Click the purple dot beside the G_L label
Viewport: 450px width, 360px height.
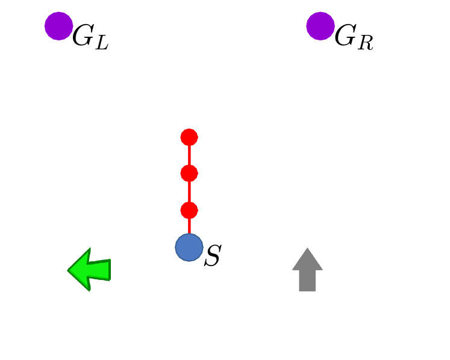coord(59,26)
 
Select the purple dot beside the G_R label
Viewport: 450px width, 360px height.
coord(320,26)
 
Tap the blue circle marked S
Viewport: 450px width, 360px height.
coord(189,247)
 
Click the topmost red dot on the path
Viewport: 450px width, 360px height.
coord(189,137)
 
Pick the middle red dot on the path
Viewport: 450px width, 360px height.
coord(189,173)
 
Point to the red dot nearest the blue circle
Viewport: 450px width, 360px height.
coord(189,210)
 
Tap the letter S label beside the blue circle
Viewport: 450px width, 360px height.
coord(212,256)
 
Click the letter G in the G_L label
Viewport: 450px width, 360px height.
coord(83,37)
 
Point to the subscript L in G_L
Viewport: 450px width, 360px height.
coord(102,43)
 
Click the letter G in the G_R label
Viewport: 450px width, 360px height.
coord(345,37)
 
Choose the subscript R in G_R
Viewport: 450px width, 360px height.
coord(364,43)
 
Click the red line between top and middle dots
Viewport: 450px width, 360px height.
coord(189,155)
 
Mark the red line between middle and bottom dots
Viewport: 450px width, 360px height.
coord(189,192)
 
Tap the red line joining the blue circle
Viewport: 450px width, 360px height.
coord(189,226)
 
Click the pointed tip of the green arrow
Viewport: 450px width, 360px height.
coord(69,270)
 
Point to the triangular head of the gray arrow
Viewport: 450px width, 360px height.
coord(307,260)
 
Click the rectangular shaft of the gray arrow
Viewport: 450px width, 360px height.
coord(307,281)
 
